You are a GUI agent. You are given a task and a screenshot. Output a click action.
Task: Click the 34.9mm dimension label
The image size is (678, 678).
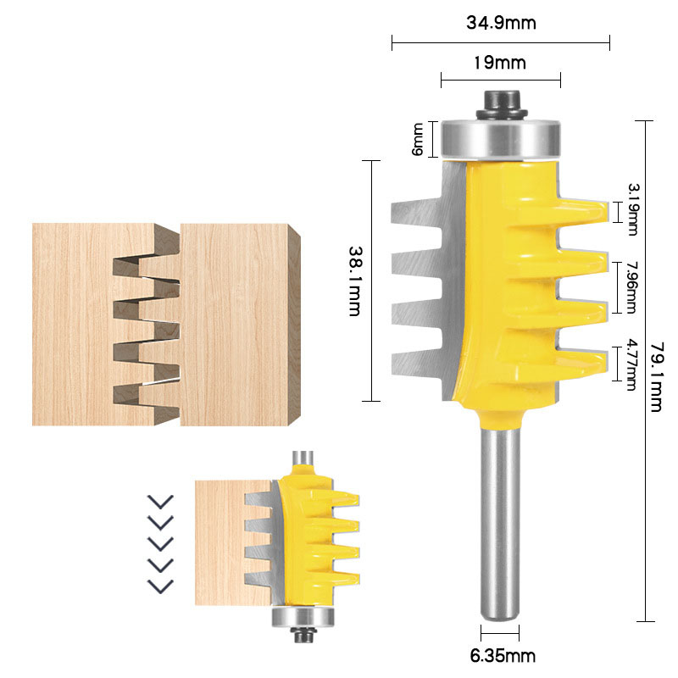point(501,23)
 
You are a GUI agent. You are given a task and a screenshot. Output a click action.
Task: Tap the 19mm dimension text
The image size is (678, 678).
point(501,63)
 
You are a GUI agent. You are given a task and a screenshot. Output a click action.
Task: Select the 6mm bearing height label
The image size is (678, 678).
point(417,139)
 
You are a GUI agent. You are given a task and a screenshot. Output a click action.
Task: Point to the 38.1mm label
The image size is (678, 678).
point(356,281)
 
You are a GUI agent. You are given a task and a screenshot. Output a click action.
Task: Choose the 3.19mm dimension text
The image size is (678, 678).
point(631,209)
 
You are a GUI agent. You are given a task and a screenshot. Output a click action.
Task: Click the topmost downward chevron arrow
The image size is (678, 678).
point(160,501)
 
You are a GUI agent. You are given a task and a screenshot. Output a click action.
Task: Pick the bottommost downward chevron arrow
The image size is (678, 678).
point(160,585)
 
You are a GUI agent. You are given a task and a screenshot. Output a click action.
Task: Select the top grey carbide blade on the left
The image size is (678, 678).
point(415,212)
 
